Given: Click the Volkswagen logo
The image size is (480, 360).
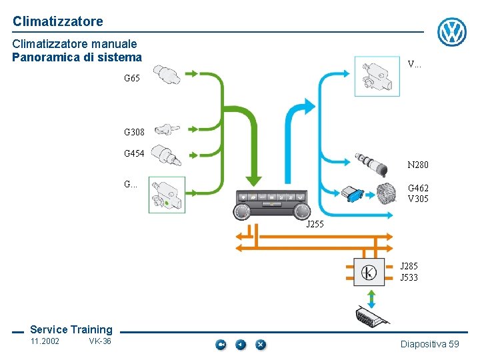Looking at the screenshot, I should (452, 31).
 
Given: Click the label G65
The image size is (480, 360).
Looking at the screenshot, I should (132, 79).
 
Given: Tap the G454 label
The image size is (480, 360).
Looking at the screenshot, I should (134, 154).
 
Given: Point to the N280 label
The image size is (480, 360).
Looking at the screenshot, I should (418, 165).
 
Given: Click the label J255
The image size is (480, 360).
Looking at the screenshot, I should (315, 224).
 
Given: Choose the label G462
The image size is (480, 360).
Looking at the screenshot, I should (418, 189).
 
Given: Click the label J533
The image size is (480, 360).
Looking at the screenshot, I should (409, 277).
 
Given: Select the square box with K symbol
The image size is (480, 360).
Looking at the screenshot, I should (369, 272).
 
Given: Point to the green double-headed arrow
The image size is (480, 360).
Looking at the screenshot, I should (372, 297).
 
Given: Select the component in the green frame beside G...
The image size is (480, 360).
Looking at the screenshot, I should (167, 195).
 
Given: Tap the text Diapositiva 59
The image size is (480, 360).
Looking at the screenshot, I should (430, 344).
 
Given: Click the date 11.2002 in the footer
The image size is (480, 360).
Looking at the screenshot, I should (45, 341).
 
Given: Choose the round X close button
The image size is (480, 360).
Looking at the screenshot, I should (261, 345).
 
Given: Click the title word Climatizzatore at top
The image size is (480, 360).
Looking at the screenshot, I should (58, 21).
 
